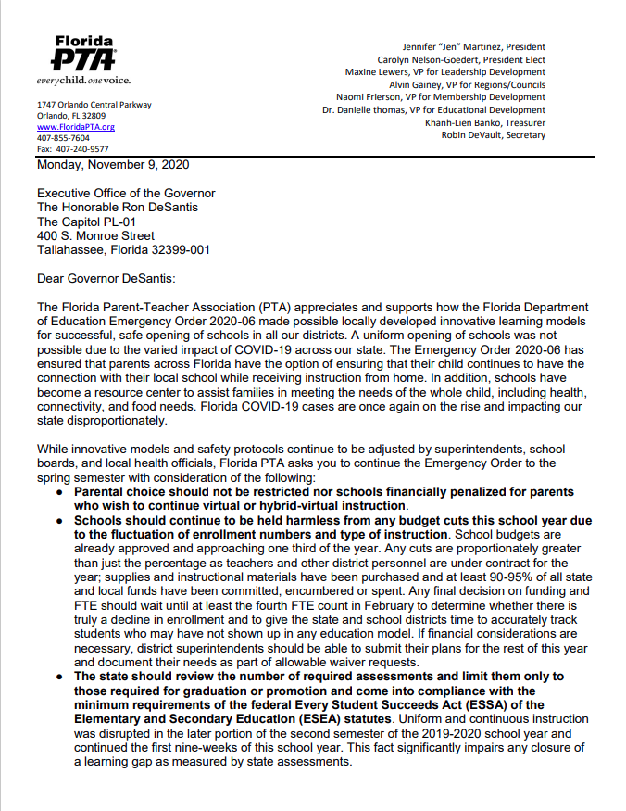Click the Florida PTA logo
pos(83,54)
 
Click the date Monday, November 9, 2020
pos(113,165)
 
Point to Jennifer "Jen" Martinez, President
pos(473,46)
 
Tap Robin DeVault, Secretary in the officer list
pos(494,135)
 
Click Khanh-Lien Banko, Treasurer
pos(484,122)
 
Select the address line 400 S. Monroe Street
pos(95,235)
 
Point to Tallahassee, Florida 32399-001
pos(123,249)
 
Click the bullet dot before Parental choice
pos(60,492)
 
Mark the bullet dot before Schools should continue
pos(60,521)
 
